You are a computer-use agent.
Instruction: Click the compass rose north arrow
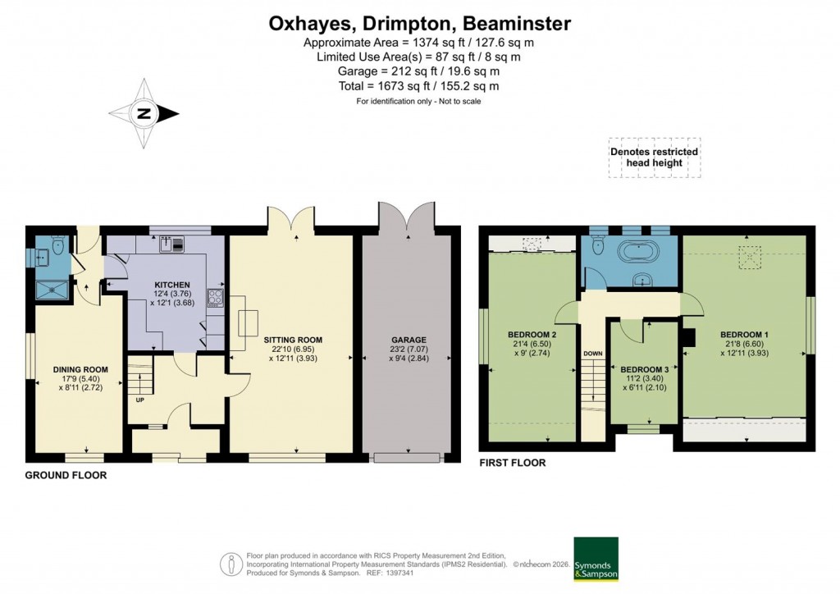click(x=144, y=114)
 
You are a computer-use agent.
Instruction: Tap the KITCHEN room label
click(x=172, y=284)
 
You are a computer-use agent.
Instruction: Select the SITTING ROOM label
click(x=292, y=339)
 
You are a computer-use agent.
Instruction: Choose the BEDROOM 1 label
click(x=744, y=335)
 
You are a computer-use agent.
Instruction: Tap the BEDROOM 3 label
click(x=646, y=370)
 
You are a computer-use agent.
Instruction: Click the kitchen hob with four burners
click(x=216, y=297)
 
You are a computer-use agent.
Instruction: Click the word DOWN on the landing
click(x=592, y=354)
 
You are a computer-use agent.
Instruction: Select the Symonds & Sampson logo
click(x=596, y=559)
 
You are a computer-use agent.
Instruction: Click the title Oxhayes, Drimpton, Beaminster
click(x=419, y=24)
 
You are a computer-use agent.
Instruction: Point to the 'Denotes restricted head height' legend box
click(x=654, y=157)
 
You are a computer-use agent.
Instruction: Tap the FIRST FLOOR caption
click(x=513, y=463)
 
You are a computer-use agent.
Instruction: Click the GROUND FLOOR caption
click(x=66, y=475)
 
